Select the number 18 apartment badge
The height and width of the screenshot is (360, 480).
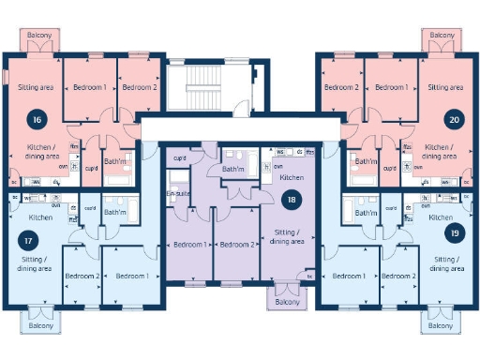(292, 199)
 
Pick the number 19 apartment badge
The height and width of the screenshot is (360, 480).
(454, 234)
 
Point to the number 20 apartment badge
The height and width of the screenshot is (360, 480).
(455, 120)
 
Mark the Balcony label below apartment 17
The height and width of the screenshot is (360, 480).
(40, 326)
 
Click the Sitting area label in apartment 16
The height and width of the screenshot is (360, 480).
(36, 87)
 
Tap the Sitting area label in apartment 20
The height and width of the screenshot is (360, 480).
(444, 87)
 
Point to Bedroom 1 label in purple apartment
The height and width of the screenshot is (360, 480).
(190, 245)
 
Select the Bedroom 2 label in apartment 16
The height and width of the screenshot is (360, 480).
(139, 87)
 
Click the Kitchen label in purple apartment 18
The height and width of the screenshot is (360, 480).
(292, 177)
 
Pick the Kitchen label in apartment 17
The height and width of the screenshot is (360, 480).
(40, 217)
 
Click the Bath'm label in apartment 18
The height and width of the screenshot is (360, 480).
(233, 169)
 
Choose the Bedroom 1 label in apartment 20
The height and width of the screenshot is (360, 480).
(391, 87)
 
